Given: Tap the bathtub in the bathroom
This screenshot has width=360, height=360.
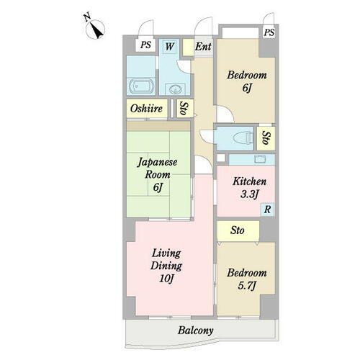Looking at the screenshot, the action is (141, 86).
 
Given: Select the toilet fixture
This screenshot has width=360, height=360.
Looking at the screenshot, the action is (243, 138).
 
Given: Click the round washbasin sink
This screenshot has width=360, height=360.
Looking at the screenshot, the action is (176, 89).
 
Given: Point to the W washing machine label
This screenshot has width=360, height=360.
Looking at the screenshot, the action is (170, 46).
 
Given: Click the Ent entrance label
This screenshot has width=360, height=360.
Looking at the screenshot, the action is (203, 47).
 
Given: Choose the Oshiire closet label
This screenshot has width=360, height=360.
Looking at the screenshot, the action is (146, 109).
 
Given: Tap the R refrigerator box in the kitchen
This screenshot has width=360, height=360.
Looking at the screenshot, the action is (267, 210).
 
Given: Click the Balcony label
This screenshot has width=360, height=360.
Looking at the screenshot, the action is (195, 330).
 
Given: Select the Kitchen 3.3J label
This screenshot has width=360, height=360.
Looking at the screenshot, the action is (249, 188).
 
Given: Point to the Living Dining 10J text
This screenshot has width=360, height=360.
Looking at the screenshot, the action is (166, 266).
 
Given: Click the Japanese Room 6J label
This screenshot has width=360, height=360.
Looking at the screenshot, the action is (158, 175).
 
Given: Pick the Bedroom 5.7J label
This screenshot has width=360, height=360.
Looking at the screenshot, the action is (247, 279).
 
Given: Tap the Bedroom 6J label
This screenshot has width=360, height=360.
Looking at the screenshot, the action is (247, 81).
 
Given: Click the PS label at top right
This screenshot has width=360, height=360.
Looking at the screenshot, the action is (269, 32).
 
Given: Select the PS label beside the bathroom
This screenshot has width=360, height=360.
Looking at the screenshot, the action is (145, 45).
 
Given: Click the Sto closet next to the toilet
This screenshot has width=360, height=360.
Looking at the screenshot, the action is (266, 138).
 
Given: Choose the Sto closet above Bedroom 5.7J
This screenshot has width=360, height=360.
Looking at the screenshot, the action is (238, 230).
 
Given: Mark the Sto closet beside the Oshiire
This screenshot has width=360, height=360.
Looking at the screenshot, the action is (184, 109).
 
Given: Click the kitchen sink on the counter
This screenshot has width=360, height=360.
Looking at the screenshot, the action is (260, 159).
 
